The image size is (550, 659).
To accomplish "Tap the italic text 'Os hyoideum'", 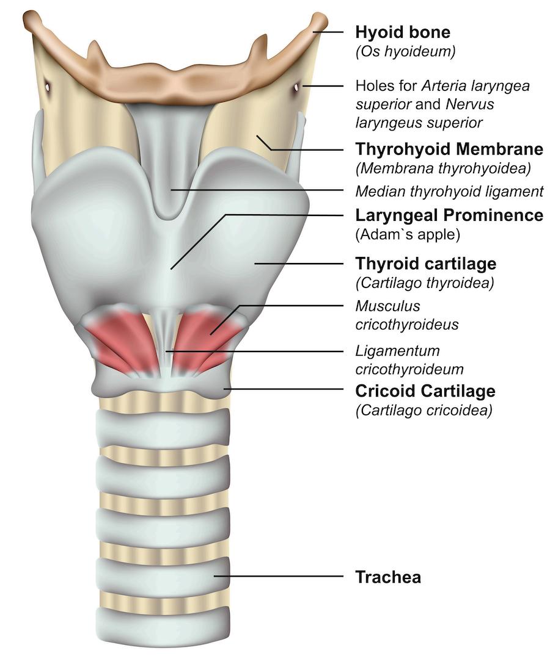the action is pos(405,52).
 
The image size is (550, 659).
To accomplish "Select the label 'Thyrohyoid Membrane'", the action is pos(449,149).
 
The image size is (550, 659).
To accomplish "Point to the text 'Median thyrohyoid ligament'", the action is pos(449,192).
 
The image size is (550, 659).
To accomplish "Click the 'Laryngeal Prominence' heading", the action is pos(449,215).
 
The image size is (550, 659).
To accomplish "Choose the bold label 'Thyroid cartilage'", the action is pos(426,264).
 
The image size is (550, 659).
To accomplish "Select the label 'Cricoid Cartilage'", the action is pos(425,391).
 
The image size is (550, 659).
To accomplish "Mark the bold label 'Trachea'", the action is pos(388,577).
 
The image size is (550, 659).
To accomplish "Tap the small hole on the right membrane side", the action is pos(296,88).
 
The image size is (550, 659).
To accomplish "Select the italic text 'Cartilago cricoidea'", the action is pos(424,410).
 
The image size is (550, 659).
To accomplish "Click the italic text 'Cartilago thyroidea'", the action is pos(425,283).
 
